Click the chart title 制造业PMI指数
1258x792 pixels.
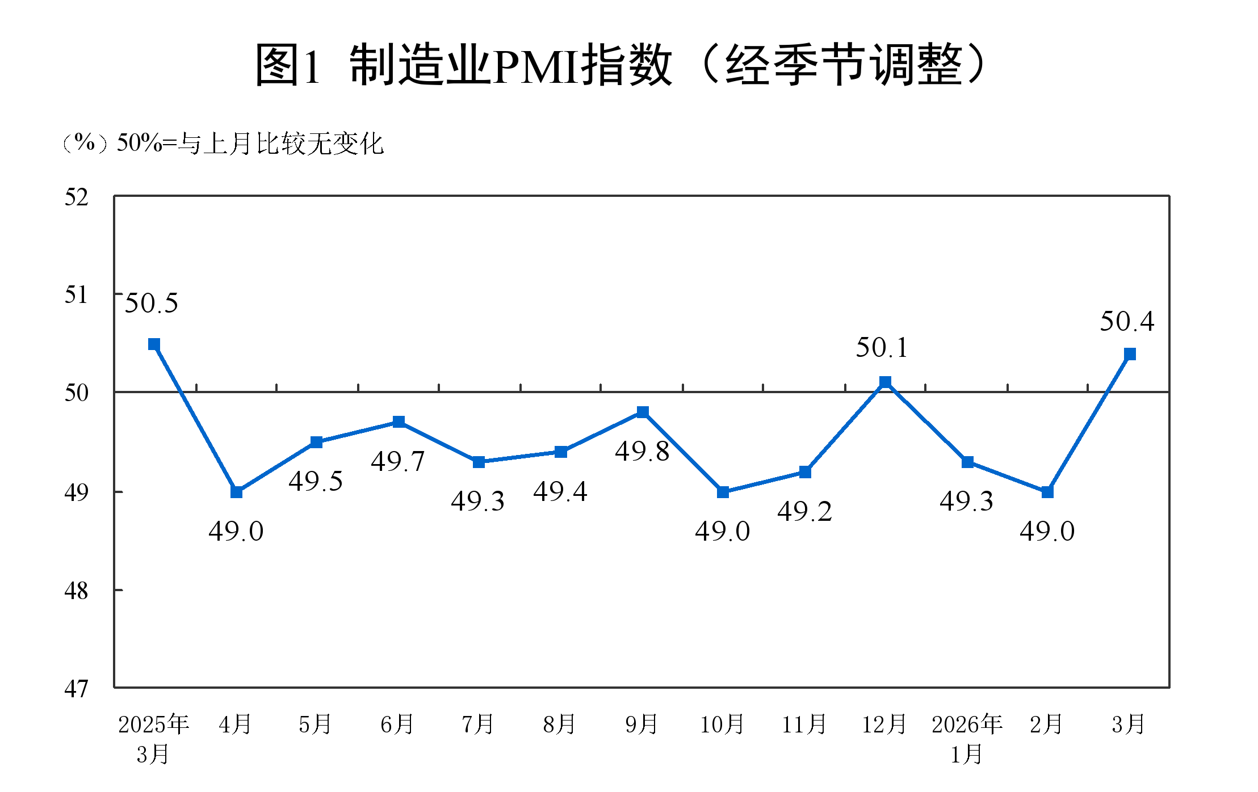(x=622, y=65)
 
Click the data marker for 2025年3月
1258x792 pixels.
(x=154, y=344)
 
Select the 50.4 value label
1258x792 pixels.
(x=1127, y=322)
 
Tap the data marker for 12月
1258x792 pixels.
(x=885, y=382)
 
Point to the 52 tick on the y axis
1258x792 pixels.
(x=77, y=197)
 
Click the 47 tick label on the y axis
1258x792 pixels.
(x=77, y=689)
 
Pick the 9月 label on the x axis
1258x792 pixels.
(x=641, y=724)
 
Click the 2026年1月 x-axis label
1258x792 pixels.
(x=967, y=739)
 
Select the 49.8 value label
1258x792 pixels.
(x=642, y=452)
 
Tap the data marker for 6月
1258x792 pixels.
(x=399, y=422)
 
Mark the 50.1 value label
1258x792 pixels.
(x=882, y=348)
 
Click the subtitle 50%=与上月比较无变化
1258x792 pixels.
(x=250, y=144)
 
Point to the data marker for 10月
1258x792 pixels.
(x=723, y=492)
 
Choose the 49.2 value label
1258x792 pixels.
(x=804, y=512)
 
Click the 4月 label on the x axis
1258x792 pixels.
(x=235, y=724)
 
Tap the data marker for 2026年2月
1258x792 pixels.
(x=1047, y=492)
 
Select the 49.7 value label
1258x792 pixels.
(x=397, y=462)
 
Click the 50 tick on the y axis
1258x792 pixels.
(x=77, y=393)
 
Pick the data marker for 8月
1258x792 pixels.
(x=561, y=452)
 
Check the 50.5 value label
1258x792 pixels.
(x=151, y=304)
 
